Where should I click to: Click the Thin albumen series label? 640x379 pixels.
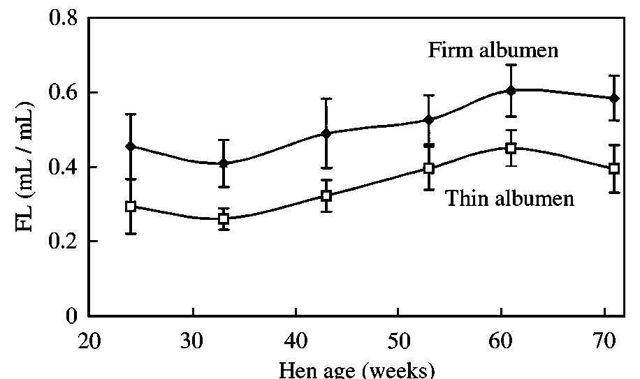(509, 199)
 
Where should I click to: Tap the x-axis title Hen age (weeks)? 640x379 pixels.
(357, 369)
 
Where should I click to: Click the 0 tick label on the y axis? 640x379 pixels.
(73, 316)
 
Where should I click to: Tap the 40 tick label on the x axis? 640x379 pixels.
(296, 343)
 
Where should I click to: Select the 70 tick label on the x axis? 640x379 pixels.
(604, 343)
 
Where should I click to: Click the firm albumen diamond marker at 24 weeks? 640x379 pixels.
(131, 147)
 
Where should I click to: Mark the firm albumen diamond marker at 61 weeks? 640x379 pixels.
(511, 90)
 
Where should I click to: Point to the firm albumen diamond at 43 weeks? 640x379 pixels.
(326, 133)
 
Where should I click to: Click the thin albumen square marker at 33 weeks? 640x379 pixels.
(224, 218)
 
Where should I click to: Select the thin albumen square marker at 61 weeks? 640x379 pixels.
(511, 148)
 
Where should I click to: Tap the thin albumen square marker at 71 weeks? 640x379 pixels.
(613, 168)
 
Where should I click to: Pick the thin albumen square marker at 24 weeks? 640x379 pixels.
(131, 207)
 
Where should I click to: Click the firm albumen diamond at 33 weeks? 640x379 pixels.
(224, 163)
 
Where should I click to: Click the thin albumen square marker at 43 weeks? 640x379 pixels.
(326, 196)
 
